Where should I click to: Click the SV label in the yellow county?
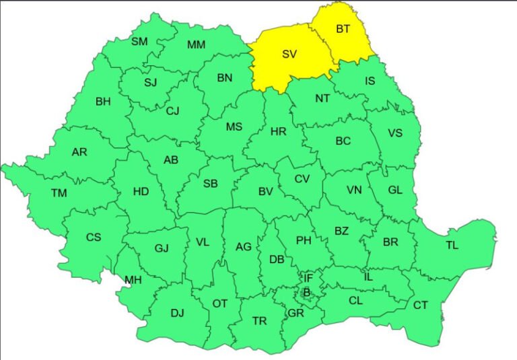(289, 55)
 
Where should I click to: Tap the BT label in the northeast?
(343, 29)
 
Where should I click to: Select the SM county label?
(139, 42)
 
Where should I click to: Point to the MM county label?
(196, 45)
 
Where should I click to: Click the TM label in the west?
(59, 193)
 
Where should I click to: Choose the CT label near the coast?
(420, 305)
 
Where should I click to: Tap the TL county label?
(452, 245)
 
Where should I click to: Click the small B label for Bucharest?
(306, 292)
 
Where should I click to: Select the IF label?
(308, 277)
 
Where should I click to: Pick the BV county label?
(265, 192)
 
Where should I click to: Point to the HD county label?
(141, 191)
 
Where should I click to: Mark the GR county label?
(296, 313)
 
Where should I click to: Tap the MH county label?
(133, 280)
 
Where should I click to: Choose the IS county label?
(370, 81)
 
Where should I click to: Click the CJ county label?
(172, 111)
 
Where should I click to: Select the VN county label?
(354, 190)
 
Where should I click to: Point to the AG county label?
(244, 247)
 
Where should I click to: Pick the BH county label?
(103, 102)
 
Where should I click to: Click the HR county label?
(278, 132)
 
